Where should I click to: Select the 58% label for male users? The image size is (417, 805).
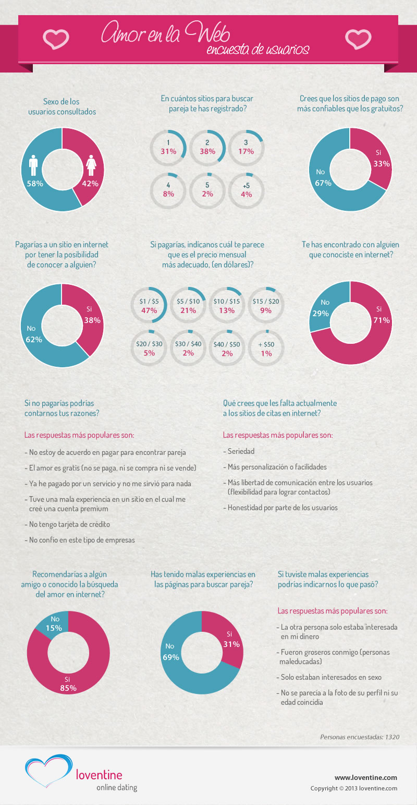[35, 184]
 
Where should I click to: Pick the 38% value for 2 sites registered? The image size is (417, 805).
[207, 152]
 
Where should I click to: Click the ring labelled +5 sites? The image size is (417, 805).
[246, 190]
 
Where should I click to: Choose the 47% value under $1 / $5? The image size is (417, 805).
[149, 310]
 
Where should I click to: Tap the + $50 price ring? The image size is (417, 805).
[265, 349]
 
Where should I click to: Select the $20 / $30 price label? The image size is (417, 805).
[149, 344]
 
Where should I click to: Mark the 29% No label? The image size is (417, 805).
[321, 314]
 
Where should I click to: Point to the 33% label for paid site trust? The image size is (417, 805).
[382, 164]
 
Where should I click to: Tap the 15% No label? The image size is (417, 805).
[54, 628]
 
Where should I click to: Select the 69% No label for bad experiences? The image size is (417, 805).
[170, 657]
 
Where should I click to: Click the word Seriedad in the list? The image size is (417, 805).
[241, 451]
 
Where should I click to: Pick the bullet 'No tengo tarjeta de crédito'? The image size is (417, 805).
[69, 524]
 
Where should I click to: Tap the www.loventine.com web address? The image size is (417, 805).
[365, 777]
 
